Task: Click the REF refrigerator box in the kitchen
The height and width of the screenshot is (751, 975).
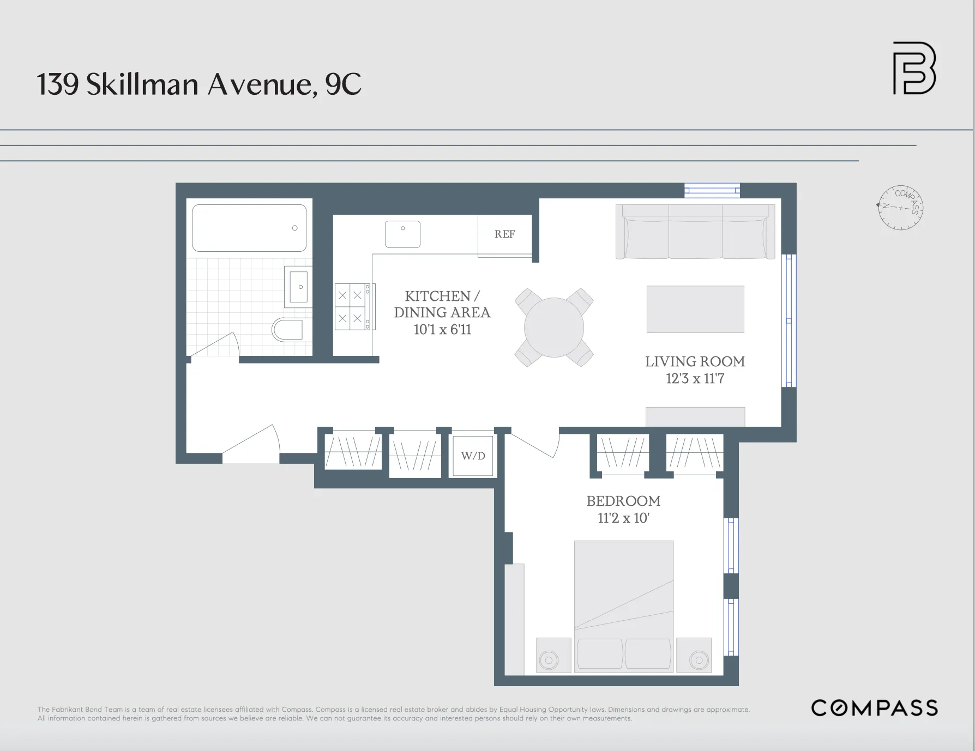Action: pos(504,235)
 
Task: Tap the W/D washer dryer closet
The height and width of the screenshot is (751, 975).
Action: pos(473,456)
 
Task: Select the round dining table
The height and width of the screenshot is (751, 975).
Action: pos(554,328)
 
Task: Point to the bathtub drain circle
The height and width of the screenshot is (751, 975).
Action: pos(295,228)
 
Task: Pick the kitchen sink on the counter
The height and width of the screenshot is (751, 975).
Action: pos(402,234)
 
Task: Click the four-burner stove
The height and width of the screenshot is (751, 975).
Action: pos(352,306)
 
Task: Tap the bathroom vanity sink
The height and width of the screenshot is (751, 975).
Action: pos(298,287)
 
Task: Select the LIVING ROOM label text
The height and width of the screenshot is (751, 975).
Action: pos(695,361)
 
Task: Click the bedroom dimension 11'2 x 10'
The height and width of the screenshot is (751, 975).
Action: pos(623,518)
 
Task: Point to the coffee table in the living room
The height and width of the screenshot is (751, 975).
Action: pos(695,309)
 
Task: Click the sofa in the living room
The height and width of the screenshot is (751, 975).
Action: pos(695,232)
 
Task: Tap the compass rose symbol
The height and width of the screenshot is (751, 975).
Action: pos(901,207)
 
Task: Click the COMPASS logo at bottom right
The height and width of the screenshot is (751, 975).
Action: pos(874,707)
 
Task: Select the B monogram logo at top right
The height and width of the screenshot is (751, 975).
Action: pos(914,68)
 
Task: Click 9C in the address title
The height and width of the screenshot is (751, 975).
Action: pos(343,84)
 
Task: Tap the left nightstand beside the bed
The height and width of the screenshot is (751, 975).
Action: pos(553,655)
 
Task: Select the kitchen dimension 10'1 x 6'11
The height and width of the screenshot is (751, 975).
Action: pos(442,329)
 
